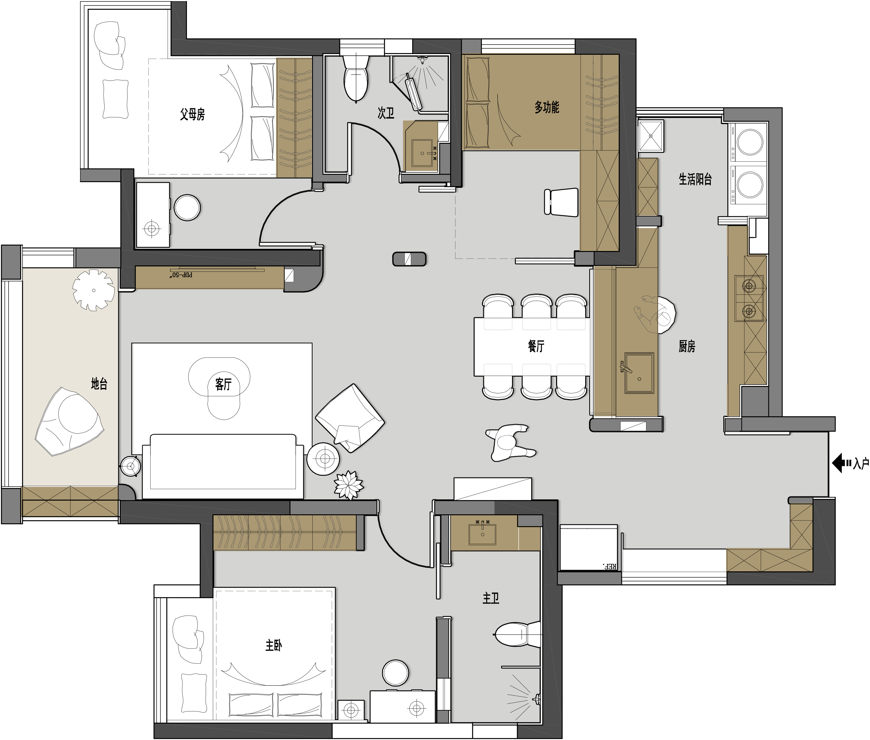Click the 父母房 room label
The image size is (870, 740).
193,114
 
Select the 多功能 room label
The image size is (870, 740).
546,108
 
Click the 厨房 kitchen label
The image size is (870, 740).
687,346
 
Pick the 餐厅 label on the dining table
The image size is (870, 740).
536,346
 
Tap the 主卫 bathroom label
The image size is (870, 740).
491,598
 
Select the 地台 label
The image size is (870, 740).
99,383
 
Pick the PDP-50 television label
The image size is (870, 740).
182,275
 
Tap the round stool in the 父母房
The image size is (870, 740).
187,207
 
